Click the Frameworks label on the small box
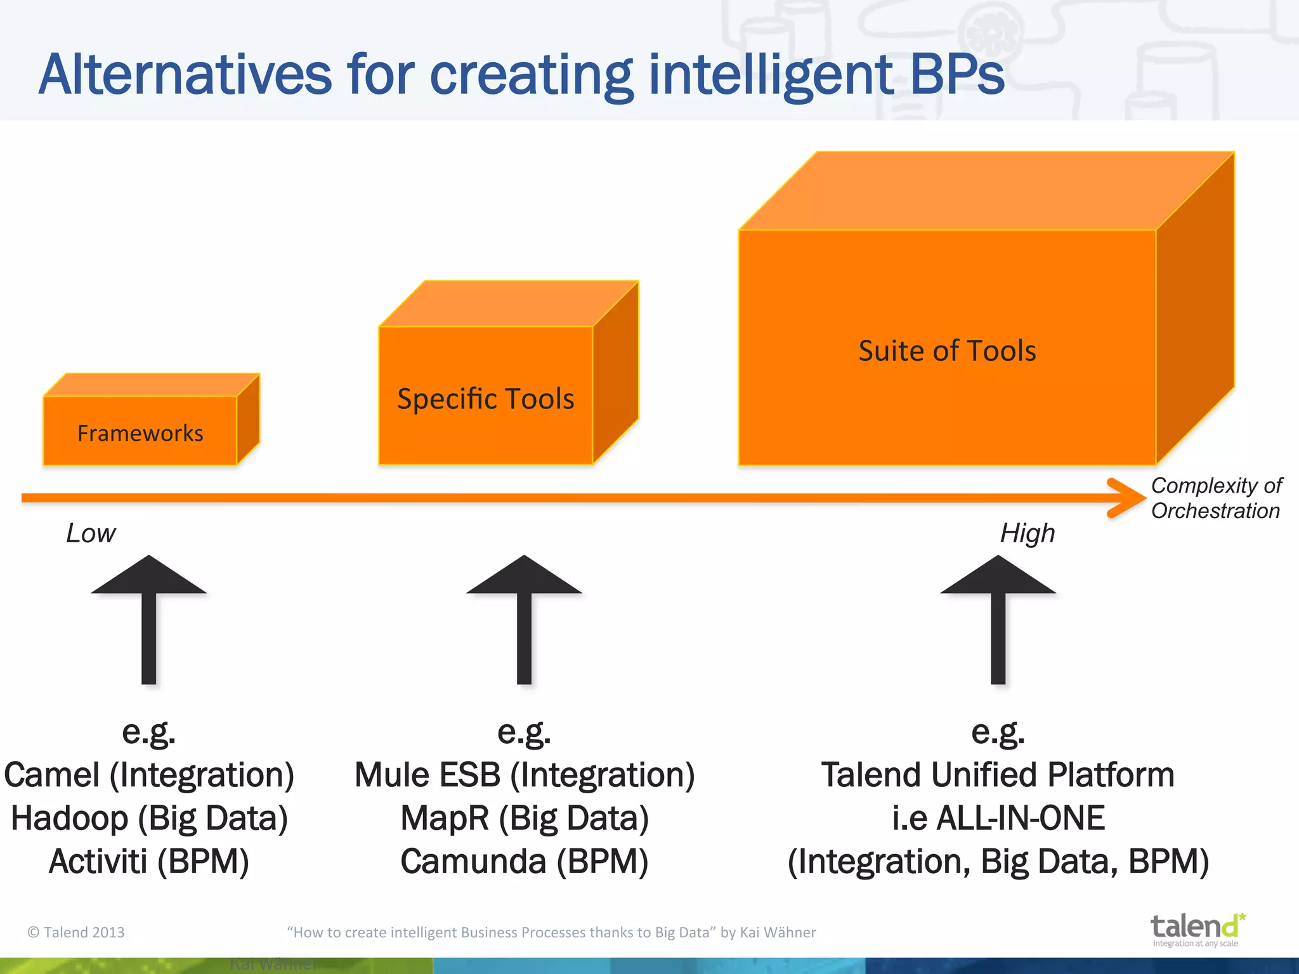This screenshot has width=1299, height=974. (x=140, y=433)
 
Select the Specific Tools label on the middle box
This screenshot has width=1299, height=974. (x=485, y=399)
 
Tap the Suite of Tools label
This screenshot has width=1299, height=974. (x=947, y=351)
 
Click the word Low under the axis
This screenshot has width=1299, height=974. (x=91, y=533)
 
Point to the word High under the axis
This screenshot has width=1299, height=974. (x=1028, y=533)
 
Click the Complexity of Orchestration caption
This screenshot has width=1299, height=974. (x=1216, y=498)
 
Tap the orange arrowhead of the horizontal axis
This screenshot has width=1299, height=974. (x=1127, y=498)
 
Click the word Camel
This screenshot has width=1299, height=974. (x=52, y=775)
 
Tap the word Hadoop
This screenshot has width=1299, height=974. (x=69, y=818)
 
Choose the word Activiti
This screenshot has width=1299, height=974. (x=98, y=861)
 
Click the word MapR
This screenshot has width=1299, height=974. (x=445, y=818)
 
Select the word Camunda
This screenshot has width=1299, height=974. (x=473, y=861)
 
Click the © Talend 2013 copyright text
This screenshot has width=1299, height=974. (x=76, y=932)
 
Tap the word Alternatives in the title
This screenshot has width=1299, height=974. (x=185, y=75)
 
